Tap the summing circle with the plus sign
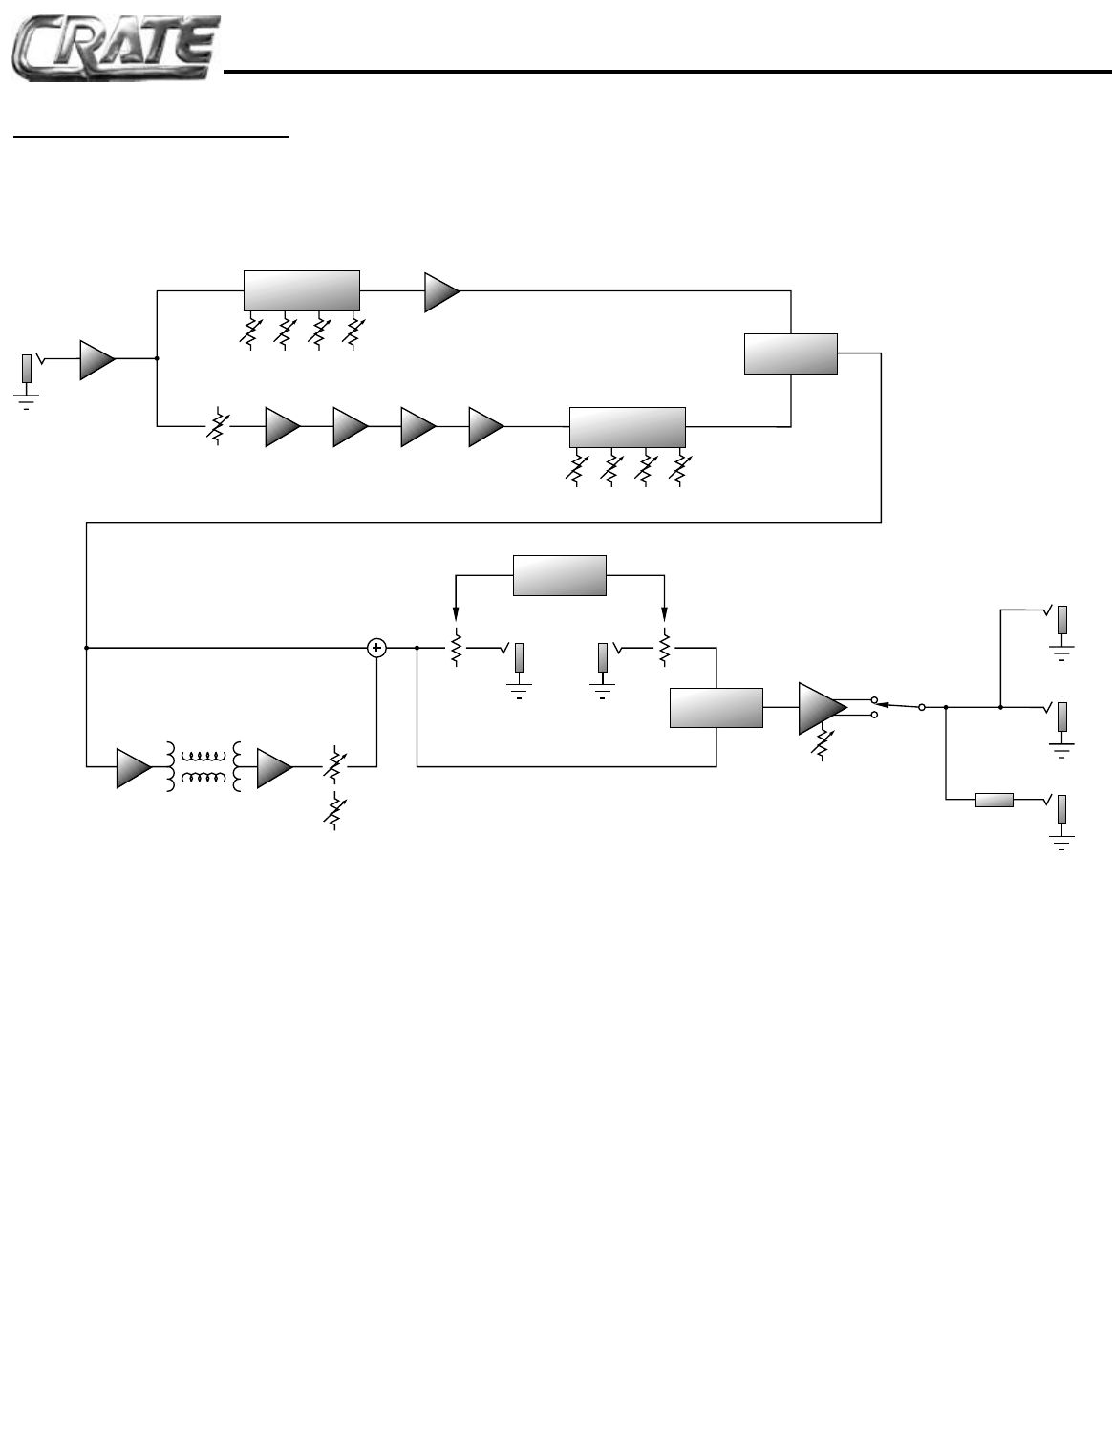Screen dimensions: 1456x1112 pos(377,648)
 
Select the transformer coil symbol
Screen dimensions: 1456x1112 pos(204,766)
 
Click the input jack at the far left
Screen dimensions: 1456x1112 pos(28,369)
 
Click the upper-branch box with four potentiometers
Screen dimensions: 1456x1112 pos(301,290)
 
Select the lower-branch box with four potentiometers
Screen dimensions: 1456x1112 pos(627,426)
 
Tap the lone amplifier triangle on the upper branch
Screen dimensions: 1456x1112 pos(440,291)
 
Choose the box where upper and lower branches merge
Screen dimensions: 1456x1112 pos(790,353)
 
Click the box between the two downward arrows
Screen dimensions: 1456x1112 pos(560,575)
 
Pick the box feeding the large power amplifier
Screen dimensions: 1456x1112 pos(716,707)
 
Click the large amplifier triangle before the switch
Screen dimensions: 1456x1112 pos(821,708)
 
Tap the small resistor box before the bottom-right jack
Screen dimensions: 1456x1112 pos(994,800)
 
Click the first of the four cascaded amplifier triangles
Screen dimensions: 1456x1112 pos(281,427)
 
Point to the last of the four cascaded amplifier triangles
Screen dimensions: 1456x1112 pos(484,427)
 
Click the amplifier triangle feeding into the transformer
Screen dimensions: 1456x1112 pos(132,767)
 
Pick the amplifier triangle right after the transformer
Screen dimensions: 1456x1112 pos(272,767)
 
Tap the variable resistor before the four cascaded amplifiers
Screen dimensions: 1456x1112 pos(218,427)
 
